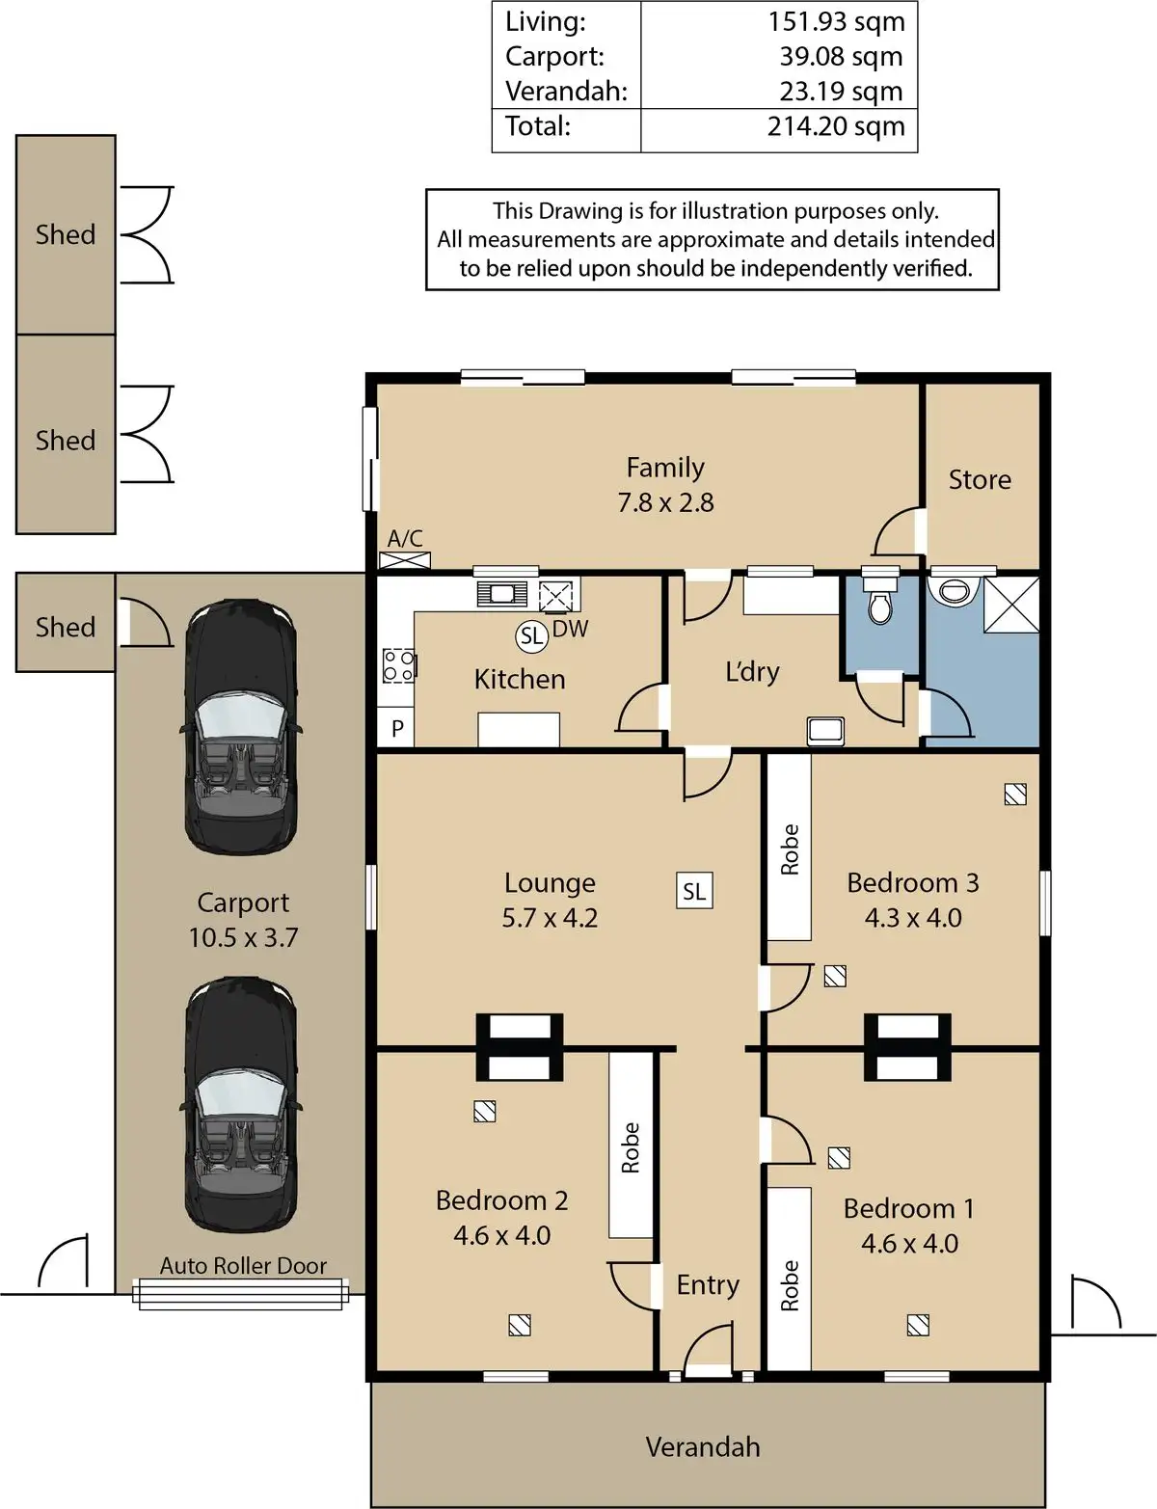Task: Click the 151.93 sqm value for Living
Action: point(836,22)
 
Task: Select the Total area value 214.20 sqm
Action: point(836,126)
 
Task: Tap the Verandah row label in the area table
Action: point(566,91)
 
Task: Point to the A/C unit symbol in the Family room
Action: point(405,559)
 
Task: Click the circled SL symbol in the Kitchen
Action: point(531,635)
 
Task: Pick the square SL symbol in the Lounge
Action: point(694,891)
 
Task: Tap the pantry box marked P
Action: point(396,727)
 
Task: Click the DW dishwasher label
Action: point(570,629)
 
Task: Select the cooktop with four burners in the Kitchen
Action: point(399,665)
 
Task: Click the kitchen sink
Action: point(501,594)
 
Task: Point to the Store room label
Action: point(980,480)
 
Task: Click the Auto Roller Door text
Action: point(243,1265)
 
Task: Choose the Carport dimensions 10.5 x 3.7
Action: point(244,937)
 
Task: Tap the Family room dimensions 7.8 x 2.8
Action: point(665,502)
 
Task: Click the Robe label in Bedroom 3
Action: point(789,849)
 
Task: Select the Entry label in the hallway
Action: point(708,1285)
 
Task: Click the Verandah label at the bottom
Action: point(703,1447)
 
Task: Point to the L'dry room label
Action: point(752,671)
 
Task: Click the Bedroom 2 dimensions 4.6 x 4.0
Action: point(501,1235)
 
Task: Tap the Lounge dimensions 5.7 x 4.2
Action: point(550,918)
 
